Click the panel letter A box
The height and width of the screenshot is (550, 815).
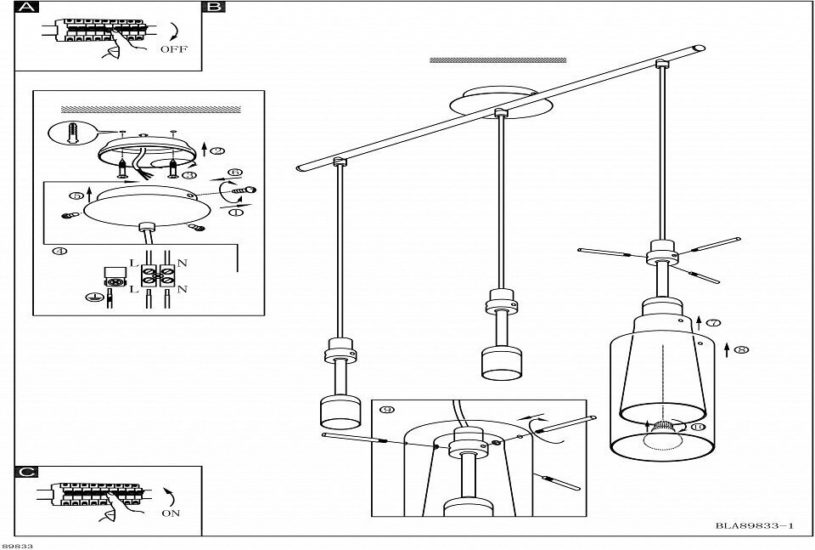point(27,8)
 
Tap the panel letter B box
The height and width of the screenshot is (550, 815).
point(214,8)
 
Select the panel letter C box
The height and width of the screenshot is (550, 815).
point(27,472)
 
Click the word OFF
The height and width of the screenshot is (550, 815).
point(173,49)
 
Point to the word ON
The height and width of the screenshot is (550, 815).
point(170,513)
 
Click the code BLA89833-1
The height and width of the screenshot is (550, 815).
point(754,527)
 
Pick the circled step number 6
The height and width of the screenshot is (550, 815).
point(237,172)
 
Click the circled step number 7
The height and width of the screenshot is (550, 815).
point(713,323)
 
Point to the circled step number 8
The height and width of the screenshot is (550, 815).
point(741,349)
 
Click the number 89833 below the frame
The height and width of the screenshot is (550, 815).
point(17,545)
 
